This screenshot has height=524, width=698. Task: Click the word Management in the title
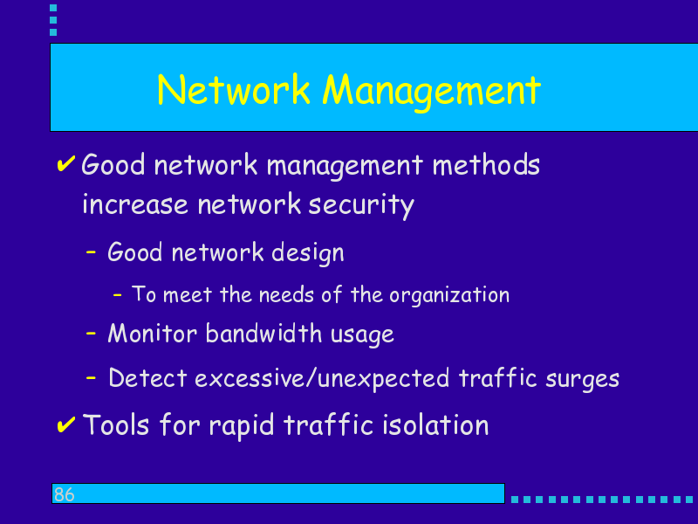(431, 93)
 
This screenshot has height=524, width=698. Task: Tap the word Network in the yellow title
(233, 90)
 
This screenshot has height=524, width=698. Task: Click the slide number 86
(64, 494)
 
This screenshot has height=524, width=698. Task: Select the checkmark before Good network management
(65, 163)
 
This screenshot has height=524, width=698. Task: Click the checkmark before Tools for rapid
(65, 424)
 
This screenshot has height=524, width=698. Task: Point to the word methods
(486, 164)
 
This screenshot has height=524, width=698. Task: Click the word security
(361, 205)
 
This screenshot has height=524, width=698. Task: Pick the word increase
(135, 205)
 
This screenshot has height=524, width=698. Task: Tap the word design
(308, 253)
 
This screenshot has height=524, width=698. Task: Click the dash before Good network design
(91, 252)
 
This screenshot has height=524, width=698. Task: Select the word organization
(449, 295)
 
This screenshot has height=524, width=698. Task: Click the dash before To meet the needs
(117, 294)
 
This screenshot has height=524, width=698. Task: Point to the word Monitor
(152, 334)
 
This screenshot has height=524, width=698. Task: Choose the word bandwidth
(263, 334)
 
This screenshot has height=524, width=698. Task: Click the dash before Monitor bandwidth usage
(91, 333)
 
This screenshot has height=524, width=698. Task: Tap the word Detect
(147, 378)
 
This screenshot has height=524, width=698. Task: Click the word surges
(582, 380)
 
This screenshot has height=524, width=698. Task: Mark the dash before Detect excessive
(91, 378)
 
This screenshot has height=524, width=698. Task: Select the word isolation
(435, 424)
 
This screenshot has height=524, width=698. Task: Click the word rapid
(242, 426)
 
